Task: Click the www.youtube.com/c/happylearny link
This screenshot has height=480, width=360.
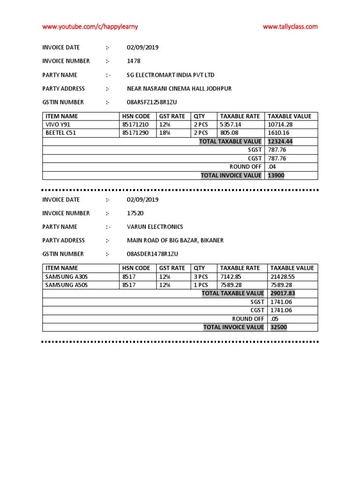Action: point(90,27)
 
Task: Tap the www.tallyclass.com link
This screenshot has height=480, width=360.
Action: point(290,27)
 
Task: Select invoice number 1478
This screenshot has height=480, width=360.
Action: point(134,61)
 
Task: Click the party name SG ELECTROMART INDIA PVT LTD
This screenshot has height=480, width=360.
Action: point(171,75)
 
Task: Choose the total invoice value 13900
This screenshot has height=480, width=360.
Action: point(276,175)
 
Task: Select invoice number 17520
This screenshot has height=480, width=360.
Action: point(135,213)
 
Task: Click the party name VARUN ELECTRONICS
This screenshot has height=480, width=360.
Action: point(155,227)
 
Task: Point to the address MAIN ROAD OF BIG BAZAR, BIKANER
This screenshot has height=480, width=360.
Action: point(175,240)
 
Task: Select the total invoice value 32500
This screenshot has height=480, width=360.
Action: point(278,327)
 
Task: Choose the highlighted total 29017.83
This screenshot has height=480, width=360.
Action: point(283,293)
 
